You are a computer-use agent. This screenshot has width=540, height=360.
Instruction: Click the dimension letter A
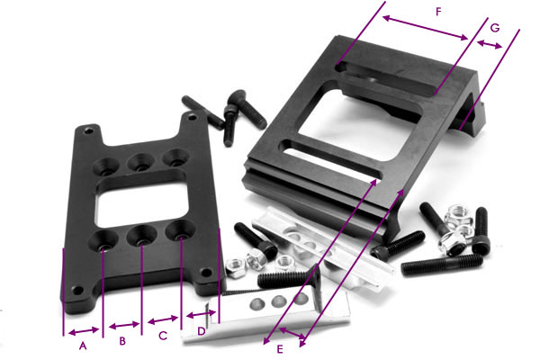[82, 345]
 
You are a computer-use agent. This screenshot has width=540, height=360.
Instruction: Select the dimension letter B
[123, 341]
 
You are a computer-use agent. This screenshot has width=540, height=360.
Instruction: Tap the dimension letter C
[163, 337]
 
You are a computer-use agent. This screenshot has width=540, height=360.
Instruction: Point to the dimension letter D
[202, 332]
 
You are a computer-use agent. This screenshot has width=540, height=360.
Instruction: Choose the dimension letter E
[281, 348]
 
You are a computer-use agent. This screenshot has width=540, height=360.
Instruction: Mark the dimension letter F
[437, 13]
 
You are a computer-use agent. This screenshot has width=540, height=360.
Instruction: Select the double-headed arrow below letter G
[490, 43]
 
